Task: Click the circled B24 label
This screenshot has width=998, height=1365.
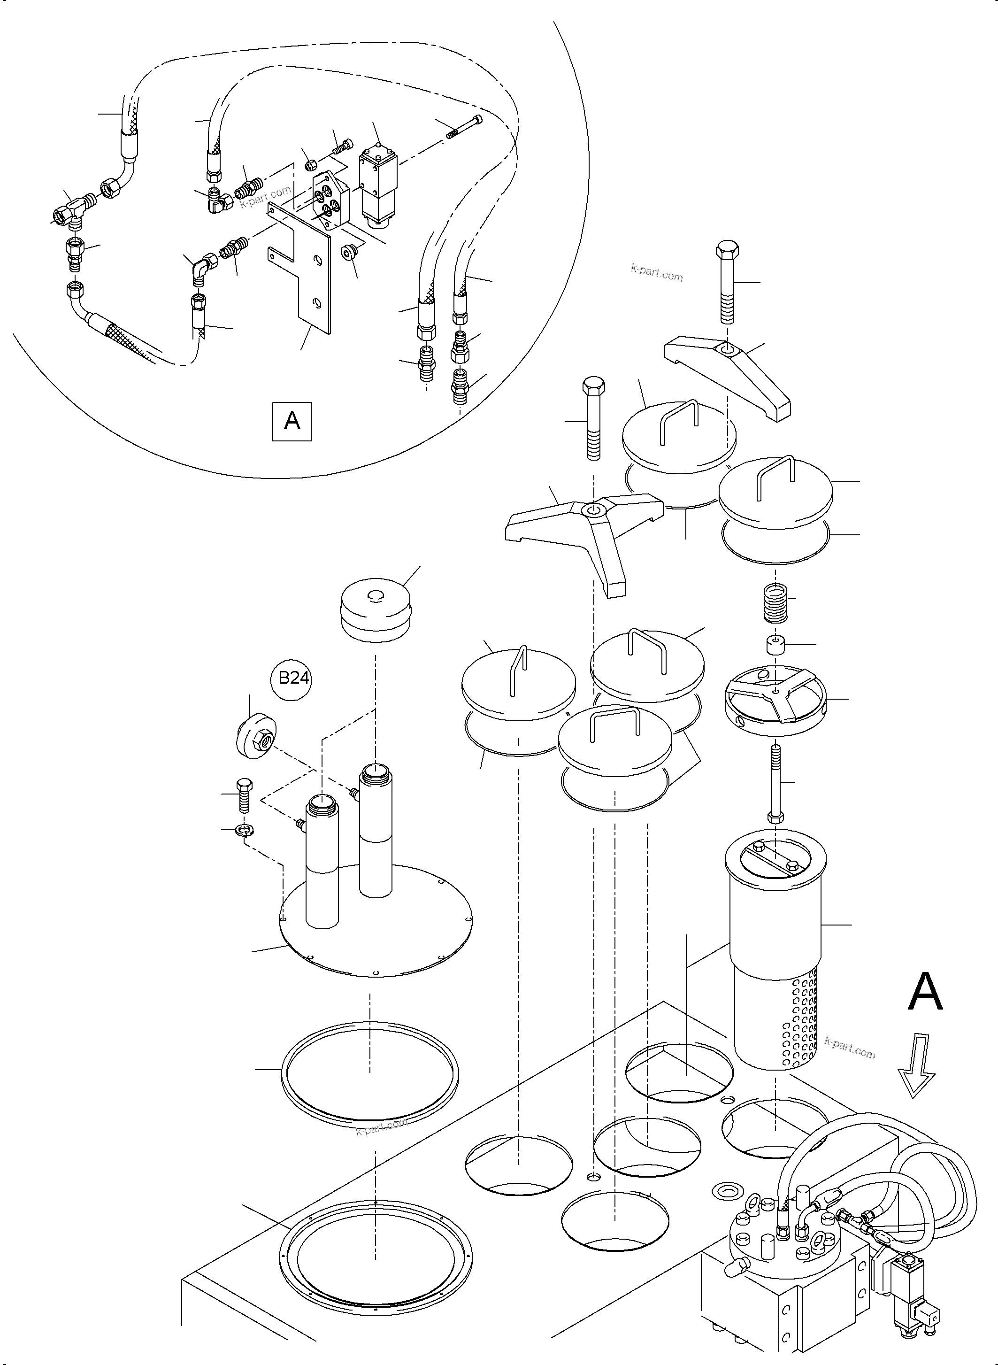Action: click(x=293, y=679)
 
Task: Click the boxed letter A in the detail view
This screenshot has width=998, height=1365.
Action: click(x=292, y=421)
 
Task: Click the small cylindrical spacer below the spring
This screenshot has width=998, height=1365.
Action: click(x=775, y=645)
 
